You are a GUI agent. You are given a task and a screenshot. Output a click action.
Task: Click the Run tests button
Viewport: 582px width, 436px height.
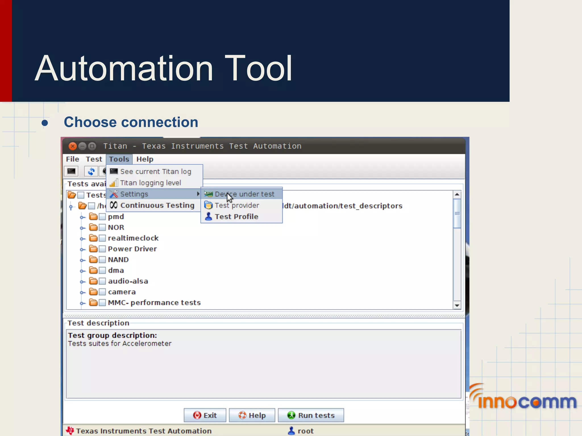(x=311, y=415)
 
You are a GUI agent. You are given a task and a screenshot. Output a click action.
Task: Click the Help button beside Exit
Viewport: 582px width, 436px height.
(x=252, y=415)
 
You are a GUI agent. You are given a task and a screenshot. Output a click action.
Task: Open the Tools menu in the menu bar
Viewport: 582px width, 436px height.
(x=119, y=159)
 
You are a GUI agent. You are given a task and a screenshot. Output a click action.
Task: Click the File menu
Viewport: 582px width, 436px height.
(x=72, y=159)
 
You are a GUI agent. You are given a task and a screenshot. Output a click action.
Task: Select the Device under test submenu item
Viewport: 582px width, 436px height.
(x=244, y=194)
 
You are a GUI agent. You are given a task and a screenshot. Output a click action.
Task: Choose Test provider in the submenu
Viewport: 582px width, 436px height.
(x=237, y=205)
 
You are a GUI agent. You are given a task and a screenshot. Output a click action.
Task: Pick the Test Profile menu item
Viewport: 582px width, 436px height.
(x=236, y=217)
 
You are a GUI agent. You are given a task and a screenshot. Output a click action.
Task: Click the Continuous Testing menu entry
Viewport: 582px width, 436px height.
(x=157, y=205)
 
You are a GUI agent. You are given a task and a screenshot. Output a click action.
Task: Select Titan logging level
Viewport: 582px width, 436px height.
(x=150, y=183)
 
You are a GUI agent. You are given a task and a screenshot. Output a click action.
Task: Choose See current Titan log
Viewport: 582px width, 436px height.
(x=155, y=171)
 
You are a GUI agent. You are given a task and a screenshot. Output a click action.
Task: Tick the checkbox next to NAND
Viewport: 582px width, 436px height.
(x=102, y=260)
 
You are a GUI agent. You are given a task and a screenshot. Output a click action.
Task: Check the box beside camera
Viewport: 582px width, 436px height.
(x=102, y=292)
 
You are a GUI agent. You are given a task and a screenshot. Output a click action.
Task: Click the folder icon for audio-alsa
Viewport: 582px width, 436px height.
(x=93, y=281)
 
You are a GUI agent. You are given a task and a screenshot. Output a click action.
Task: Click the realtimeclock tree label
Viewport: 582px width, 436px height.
(x=133, y=238)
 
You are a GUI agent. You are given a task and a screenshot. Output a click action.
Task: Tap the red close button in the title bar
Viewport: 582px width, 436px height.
(x=73, y=146)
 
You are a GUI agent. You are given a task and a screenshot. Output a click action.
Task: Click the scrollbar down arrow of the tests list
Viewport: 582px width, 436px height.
(x=457, y=305)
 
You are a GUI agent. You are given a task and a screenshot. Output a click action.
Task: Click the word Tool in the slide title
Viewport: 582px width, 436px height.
(x=258, y=68)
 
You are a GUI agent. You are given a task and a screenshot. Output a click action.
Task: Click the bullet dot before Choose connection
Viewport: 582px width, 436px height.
(x=45, y=123)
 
